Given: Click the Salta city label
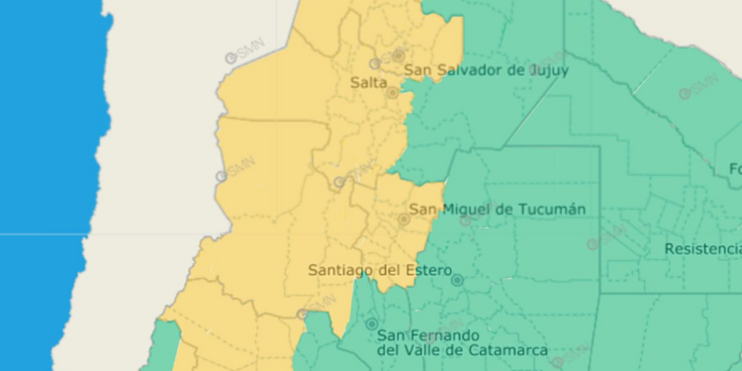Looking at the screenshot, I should (x=368, y=83).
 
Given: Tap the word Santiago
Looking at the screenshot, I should (x=341, y=269).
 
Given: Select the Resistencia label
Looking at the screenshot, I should (x=702, y=247).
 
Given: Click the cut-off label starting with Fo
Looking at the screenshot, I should (x=734, y=167).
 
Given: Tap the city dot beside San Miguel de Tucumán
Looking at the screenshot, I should (x=404, y=219).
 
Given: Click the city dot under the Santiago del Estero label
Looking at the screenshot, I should (x=456, y=280).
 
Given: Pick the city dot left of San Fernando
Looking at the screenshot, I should (x=372, y=324).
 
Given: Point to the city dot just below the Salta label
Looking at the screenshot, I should (x=392, y=92).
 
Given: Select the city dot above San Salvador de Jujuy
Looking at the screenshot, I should (x=398, y=55).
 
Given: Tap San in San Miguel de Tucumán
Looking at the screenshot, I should (x=423, y=209).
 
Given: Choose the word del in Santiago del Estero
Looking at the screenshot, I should (x=389, y=269).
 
